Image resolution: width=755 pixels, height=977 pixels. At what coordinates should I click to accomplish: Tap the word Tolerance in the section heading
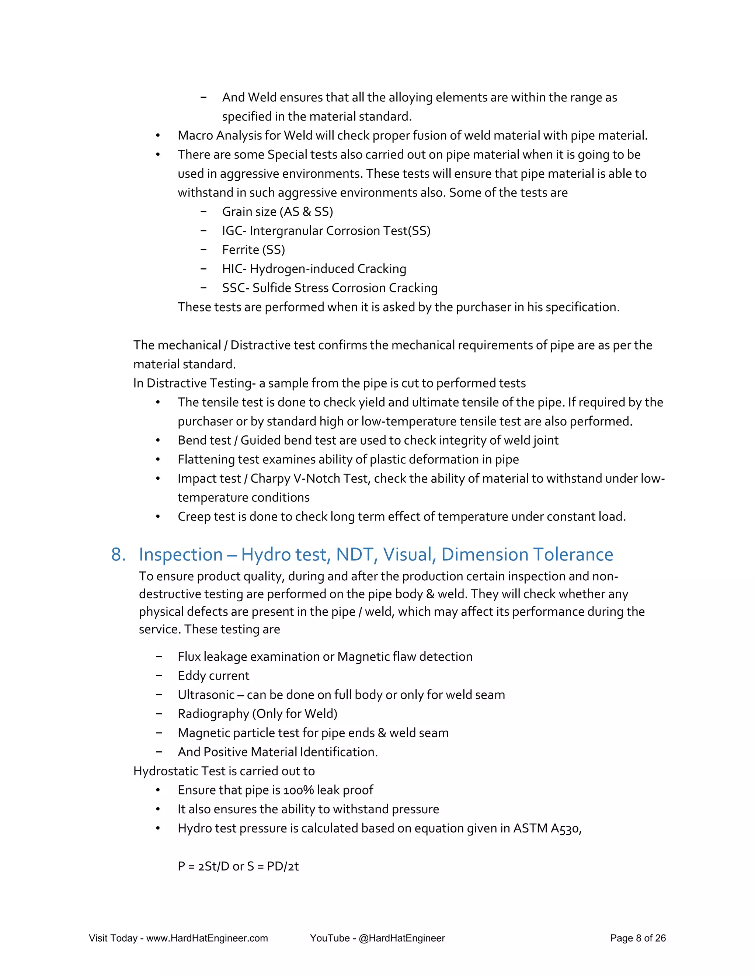pos(573,555)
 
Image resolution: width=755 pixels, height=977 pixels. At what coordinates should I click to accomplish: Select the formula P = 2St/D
pos(203,866)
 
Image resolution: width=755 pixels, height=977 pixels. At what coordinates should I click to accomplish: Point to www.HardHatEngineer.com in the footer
pos(207,938)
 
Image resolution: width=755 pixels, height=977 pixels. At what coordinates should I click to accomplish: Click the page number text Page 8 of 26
pos(637,938)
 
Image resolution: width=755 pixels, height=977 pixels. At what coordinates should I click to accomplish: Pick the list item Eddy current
pos(213,675)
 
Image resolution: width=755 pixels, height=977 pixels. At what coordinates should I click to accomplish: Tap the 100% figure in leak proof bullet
pos(298,790)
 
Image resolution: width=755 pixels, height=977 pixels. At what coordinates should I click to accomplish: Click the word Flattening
pos(206,459)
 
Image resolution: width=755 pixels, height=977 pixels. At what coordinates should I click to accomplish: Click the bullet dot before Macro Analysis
pos(158,136)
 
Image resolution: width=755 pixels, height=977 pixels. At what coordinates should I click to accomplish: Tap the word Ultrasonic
pos(206,695)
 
